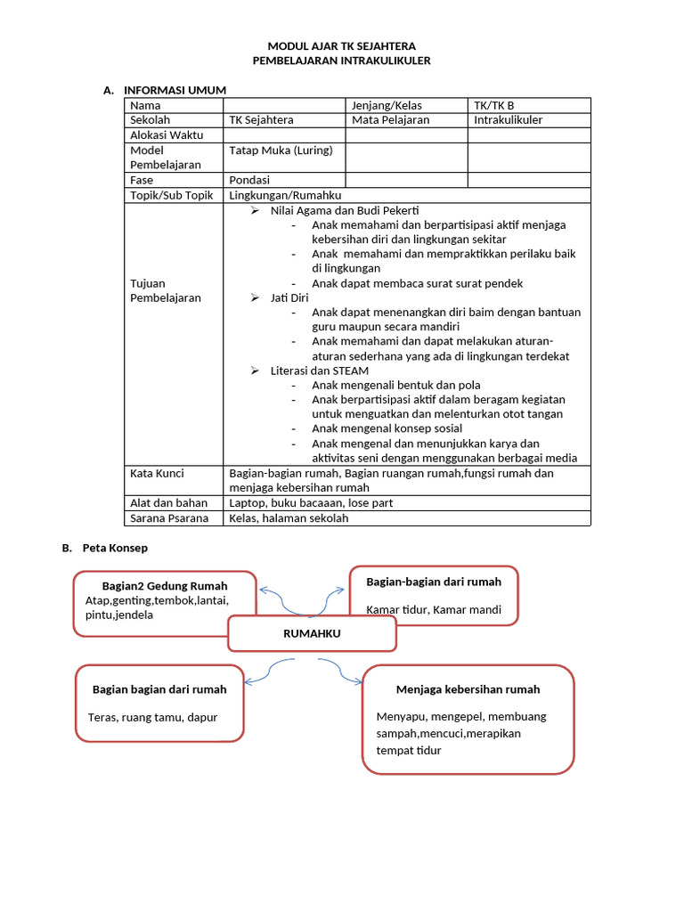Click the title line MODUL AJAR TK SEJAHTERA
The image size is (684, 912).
click(x=342, y=45)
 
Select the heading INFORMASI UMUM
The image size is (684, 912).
click(x=175, y=90)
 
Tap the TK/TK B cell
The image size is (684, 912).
click(x=494, y=105)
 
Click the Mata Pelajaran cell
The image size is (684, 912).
click(x=390, y=120)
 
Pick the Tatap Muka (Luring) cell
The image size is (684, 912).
click(x=281, y=151)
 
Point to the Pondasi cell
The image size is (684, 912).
click(x=249, y=180)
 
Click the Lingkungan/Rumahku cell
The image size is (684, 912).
click(x=285, y=195)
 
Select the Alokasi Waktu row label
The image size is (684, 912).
click(x=167, y=135)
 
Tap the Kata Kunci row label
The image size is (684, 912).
click(x=157, y=474)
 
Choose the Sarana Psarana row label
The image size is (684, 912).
click(x=169, y=517)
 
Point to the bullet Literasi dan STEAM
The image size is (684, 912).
click(x=319, y=370)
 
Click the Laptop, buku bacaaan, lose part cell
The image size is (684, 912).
click(x=311, y=503)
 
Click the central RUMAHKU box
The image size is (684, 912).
click(x=312, y=634)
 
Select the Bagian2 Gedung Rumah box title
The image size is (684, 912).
click(x=165, y=586)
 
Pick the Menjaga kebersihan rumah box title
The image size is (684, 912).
click(x=468, y=689)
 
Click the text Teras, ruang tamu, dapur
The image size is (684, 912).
click(x=153, y=717)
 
